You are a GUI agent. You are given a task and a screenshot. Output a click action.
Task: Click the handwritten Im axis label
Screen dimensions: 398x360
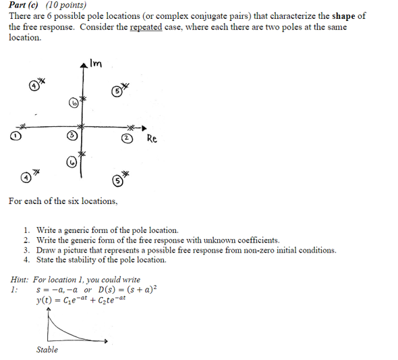96,63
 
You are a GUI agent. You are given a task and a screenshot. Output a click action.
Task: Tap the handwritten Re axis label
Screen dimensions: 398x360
151,138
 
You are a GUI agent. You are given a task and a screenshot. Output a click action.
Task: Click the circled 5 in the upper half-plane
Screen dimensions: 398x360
116,91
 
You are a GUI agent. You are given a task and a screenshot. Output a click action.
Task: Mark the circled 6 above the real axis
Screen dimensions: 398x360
73,103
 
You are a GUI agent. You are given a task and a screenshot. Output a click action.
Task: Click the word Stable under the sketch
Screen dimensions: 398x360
47,349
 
